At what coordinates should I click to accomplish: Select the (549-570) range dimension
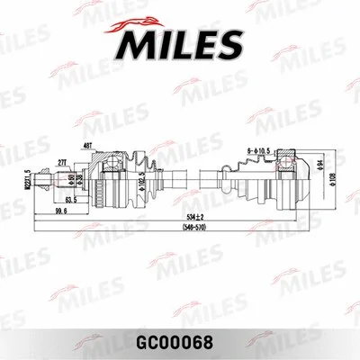pyautogui.click(x=184, y=228)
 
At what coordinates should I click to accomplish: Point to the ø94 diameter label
pyautogui.click(x=319, y=162)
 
